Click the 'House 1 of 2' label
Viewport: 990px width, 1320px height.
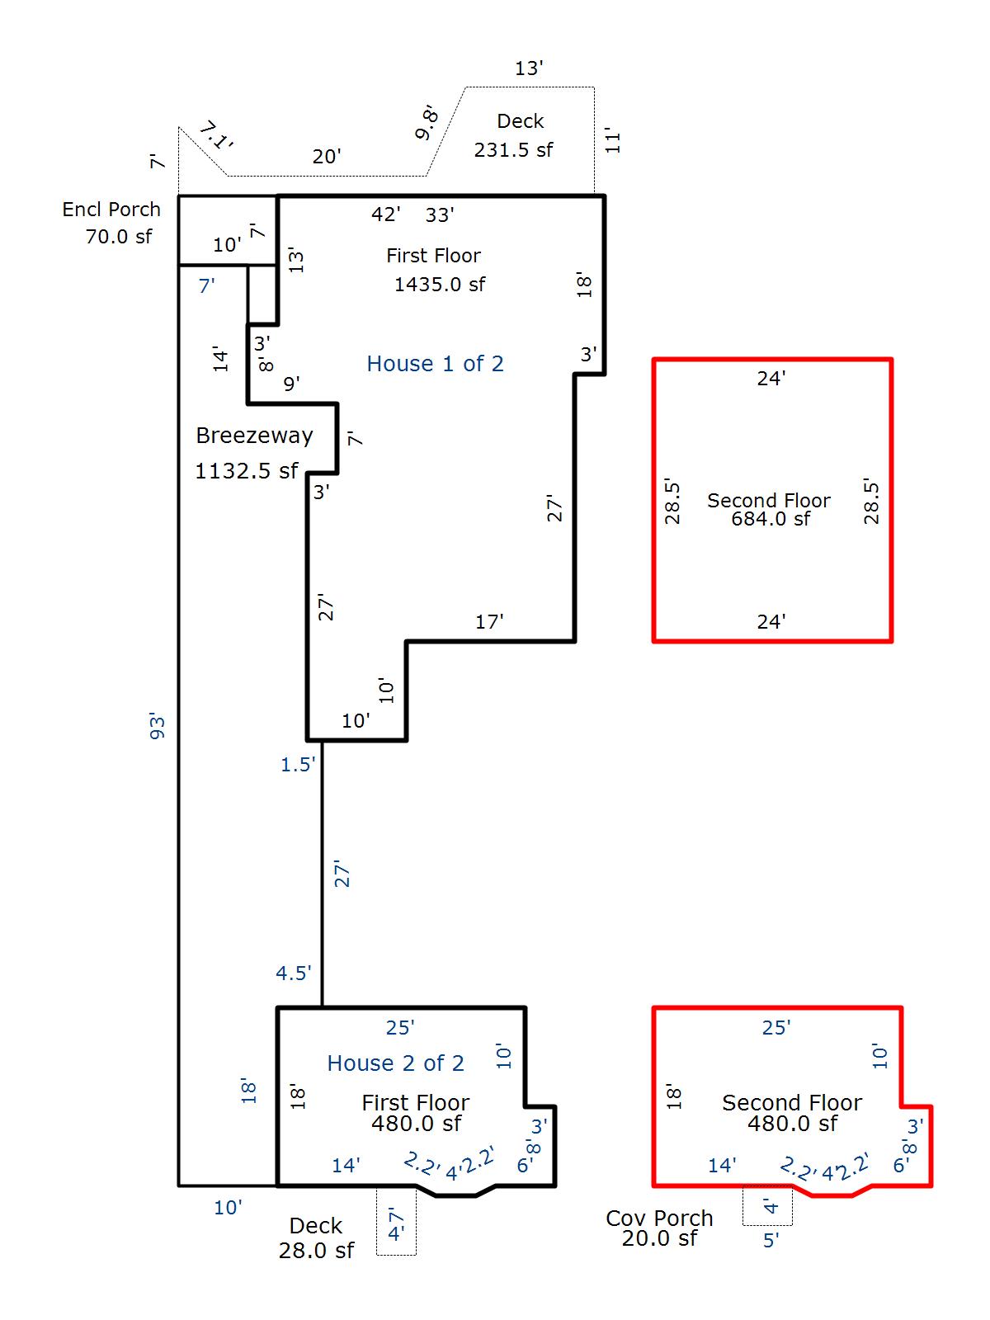(435, 364)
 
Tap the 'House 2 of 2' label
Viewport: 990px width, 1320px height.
(395, 1063)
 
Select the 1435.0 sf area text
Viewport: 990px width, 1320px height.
(439, 285)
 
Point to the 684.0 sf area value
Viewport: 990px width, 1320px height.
(771, 519)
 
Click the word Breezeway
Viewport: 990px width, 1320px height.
(254, 436)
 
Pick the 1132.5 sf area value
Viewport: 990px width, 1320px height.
(246, 471)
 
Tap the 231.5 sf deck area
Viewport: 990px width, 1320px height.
(513, 150)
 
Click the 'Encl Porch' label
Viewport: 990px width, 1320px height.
(111, 210)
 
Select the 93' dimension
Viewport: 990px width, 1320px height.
(158, 725)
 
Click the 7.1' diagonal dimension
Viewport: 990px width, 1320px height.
(216, 136)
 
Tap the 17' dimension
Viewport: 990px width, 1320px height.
(489, 622)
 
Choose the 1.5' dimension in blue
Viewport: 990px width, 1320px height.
(298, 765)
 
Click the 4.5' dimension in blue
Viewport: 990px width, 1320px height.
(293, 973)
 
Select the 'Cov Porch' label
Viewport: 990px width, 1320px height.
(658, 1218)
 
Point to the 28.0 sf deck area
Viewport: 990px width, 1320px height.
(316, 1251)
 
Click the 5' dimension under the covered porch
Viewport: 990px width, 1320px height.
(771, 1241)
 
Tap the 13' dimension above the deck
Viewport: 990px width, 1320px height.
(529, 68)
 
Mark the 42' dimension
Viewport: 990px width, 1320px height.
(385, 214)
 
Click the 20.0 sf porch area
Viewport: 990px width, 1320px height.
(659, 1238)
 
